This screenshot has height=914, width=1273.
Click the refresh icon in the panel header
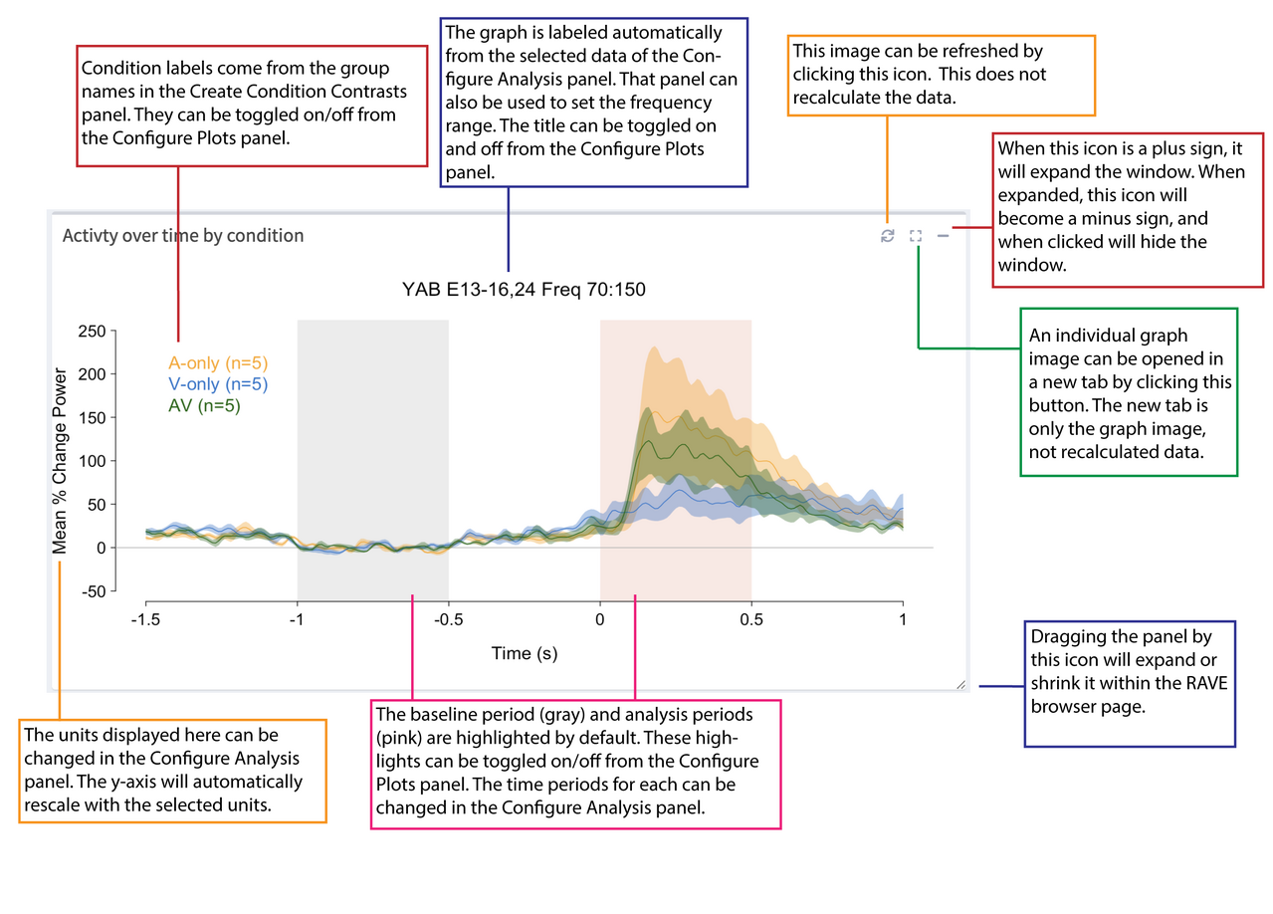coord(887,236)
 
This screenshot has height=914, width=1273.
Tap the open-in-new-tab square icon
coord(916,236)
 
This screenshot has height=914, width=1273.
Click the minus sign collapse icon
coord(943,236)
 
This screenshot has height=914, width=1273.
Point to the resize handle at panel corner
coord(959,684)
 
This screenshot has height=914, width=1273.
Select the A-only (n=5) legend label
coord(218,363)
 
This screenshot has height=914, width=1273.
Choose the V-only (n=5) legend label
coord(218,384)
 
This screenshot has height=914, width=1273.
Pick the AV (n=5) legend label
coord(204,405)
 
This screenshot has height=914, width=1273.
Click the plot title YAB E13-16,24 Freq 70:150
coord(524,290)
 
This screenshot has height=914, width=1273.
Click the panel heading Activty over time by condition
coord(183,236)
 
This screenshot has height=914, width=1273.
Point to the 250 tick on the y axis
coord(92,332)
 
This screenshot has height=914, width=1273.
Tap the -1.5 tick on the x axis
coord(146,619)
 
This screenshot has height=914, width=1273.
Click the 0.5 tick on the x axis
coord(750,619)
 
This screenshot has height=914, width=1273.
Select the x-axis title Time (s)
coord(524,654)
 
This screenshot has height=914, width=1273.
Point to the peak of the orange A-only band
coord(654,348)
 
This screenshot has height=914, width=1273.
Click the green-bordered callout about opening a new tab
coord(1128,391)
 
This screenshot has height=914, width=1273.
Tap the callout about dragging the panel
coord(1130,684)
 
